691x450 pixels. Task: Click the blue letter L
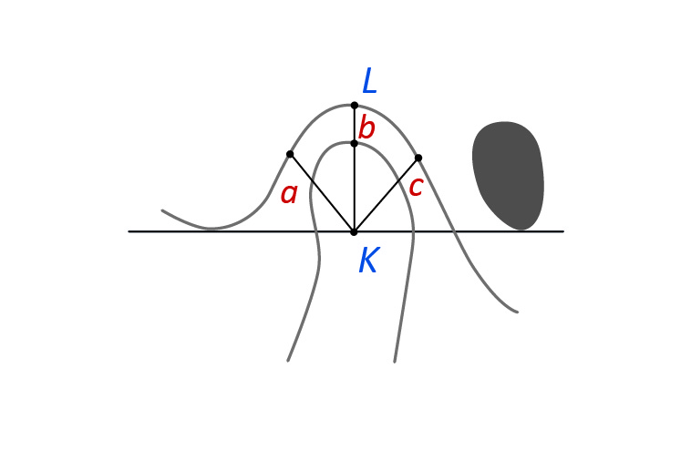click(369, 81)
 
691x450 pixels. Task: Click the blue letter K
click(369, 261)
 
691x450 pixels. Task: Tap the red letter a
click(289, 194)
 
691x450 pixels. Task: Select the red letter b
click(366, 128)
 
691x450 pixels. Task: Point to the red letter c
click(416, 187)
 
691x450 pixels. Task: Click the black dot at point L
click(355, 106)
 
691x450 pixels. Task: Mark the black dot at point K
click(354, 231)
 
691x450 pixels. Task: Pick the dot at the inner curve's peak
click(354, 144)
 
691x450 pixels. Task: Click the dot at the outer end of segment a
click(290, 154)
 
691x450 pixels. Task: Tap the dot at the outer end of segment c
click(418, 158)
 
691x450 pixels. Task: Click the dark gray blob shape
click(508, 175)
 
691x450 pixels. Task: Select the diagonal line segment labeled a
click(322, 193)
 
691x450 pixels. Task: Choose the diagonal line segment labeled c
click(386, 195)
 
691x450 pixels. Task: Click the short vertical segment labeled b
click(355, 125)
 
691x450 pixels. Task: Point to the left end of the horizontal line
click(129, 231)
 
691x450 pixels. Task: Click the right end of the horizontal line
click(563, 231)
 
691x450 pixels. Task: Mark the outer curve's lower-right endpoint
click(517, 312)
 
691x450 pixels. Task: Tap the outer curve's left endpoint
click(162, 210)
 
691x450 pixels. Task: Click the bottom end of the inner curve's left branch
click(288, 361)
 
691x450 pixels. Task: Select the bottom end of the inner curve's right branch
click(395, 362)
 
